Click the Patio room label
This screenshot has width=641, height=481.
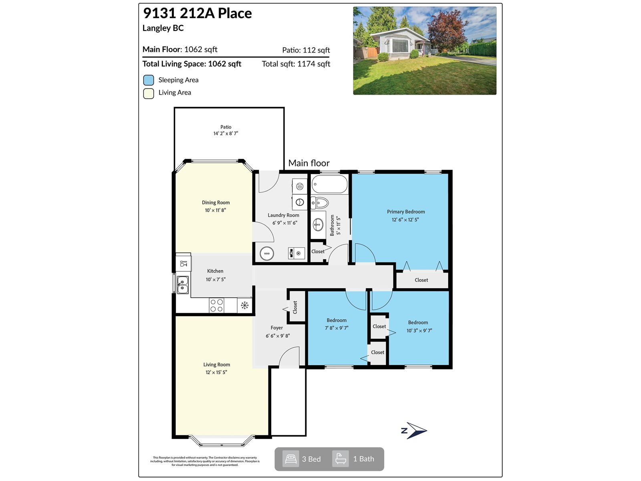pos(226,127)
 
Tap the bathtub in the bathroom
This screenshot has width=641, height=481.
pos(329,184)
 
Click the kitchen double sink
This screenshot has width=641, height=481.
pos(183,284)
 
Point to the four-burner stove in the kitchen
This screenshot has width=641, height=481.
pos(217,305)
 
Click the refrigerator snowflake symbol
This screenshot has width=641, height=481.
pos(244,305)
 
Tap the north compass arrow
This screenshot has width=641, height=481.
pos(415,431)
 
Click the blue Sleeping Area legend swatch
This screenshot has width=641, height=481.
pos(149,80)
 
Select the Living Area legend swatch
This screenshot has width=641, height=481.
pos(149,93)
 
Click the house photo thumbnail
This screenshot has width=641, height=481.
pos(424,51)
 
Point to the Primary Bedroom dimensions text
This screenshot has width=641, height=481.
pos(405,220)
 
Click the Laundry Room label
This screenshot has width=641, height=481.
pos(283,215)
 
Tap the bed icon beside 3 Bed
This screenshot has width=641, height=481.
pos(290,459)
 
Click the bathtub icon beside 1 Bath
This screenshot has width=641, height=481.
pos(341,459)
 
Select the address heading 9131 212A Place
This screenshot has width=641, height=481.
pos(198,13)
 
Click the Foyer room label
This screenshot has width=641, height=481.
pos(276,328)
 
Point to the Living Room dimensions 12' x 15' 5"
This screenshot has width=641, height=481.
pos(216,372)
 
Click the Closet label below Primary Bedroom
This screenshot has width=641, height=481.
pos(421,280)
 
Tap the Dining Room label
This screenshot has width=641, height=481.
pos(216,202)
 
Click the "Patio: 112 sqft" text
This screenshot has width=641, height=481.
pos(306,50)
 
